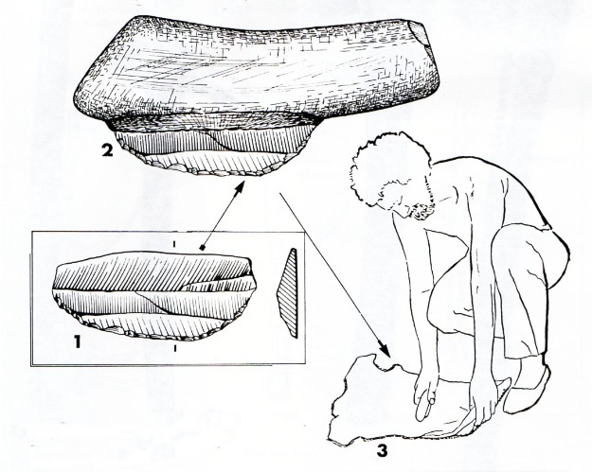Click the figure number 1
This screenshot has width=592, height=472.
pos(77,342)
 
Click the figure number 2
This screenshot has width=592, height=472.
pos(107,150)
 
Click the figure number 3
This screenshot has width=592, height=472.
pos(382,450)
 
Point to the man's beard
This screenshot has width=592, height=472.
pos(421,209)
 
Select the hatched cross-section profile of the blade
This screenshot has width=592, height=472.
pos(288,292)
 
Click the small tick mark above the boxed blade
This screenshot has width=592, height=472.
pos(174,244)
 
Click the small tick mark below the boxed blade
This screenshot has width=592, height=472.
pos(175,349)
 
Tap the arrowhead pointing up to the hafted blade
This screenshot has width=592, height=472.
pos(239,188)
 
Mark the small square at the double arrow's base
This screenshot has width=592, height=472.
pos(203,248)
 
